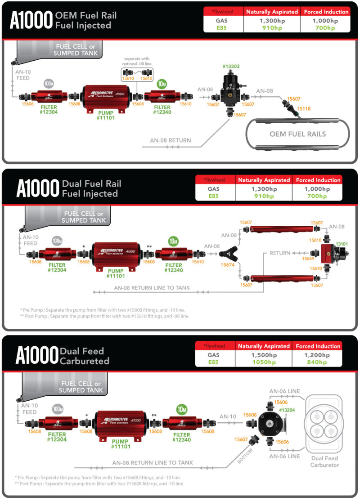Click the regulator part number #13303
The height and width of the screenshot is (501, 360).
231,67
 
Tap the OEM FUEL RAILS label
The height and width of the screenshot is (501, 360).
298,134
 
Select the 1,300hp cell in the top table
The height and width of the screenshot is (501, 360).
271,21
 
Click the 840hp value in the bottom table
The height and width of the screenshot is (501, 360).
318,362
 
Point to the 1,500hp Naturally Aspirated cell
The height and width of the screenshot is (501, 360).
264,355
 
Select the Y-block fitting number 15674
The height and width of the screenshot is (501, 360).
228,265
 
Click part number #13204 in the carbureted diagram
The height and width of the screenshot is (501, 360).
287,410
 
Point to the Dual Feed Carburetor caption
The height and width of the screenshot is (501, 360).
324,461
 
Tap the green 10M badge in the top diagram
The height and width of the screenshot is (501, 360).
162,84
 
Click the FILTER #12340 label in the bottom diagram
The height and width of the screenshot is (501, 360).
182,437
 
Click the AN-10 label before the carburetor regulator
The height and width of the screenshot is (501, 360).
228,416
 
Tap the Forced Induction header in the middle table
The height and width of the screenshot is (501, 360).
317,180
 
